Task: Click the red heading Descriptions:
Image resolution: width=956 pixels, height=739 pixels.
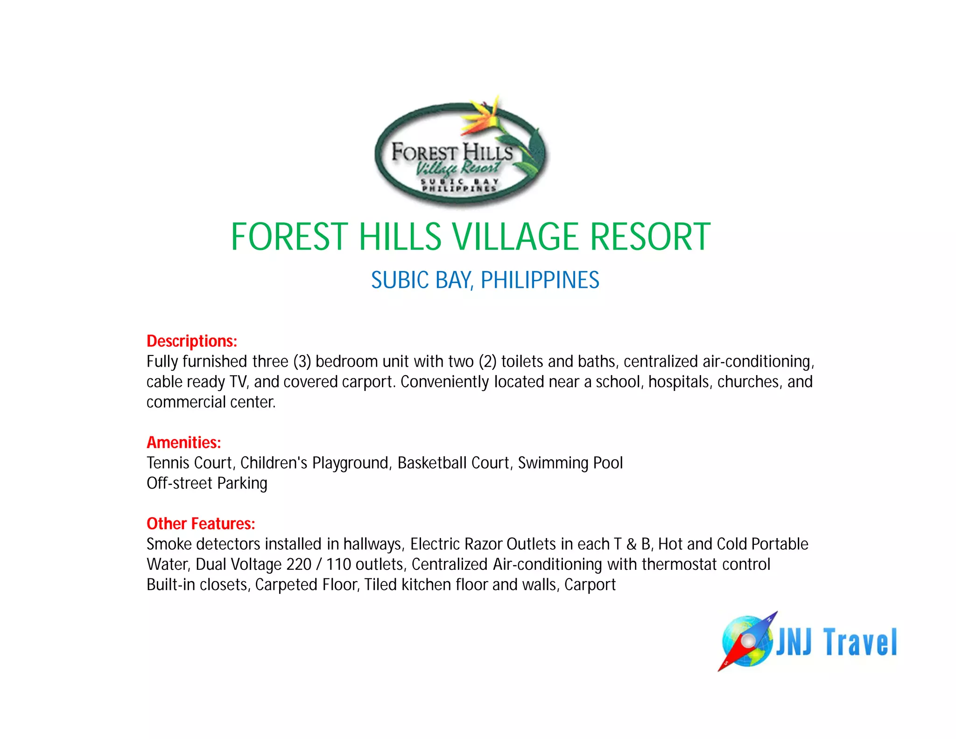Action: (x=192, y=341)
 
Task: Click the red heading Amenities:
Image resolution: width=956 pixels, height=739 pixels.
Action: (x=184, y=442)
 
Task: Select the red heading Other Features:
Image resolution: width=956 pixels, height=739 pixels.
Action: (x=201, y=524)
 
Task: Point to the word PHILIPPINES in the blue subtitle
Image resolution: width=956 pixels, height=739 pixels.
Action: (x=540, y=280)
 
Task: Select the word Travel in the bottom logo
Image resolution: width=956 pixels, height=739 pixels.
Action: (x=860, y=642)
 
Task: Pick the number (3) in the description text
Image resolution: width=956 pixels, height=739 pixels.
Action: (x=302, y=362)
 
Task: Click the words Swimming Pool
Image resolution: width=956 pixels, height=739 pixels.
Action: (x=570, y=463)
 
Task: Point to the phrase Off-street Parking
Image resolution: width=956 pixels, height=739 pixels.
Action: (x=207, y=483)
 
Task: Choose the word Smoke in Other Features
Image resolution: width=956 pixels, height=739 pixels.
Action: (x=169, y=544)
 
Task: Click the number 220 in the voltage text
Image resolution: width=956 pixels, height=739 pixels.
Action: (x=299, y=564)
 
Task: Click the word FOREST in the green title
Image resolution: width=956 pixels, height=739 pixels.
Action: (x=289, y=237)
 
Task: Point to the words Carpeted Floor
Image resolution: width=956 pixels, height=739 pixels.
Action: (x=307, y=585)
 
